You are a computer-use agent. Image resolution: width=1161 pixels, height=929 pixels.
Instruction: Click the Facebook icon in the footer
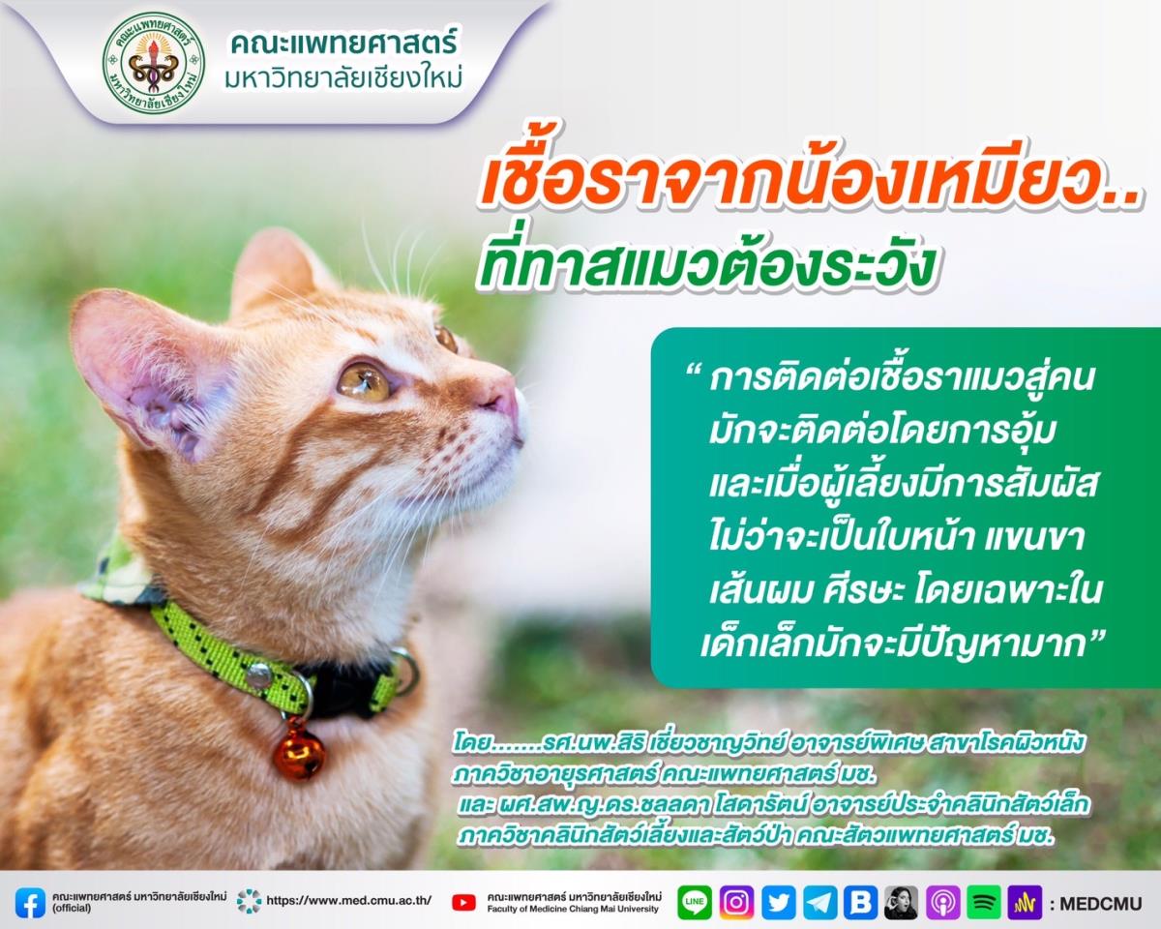(30, 903)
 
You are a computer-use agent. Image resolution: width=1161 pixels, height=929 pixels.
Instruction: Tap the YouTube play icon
(464, 903)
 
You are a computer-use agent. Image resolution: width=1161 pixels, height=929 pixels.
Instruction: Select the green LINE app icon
(694, 903)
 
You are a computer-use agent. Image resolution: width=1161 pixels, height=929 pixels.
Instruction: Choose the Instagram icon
(736, 903)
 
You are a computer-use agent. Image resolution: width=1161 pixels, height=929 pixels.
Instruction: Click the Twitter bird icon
(779, 903)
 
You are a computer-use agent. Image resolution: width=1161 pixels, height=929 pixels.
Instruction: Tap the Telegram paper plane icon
(820, 903)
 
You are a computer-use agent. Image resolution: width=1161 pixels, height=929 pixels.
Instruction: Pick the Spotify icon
(984, 903)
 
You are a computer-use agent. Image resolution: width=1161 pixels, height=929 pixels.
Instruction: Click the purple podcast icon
(943, 903)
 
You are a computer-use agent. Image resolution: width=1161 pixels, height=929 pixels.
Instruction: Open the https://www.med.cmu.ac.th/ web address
(348, 900)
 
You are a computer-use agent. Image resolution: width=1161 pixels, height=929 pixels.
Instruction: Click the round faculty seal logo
(154, 63)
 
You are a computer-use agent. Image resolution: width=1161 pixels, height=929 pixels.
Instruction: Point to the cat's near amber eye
(364, 379)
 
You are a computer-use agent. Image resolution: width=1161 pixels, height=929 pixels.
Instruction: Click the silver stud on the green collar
(259, 674)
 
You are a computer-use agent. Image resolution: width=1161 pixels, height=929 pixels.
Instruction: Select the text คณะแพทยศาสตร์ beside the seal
(344, 44)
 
